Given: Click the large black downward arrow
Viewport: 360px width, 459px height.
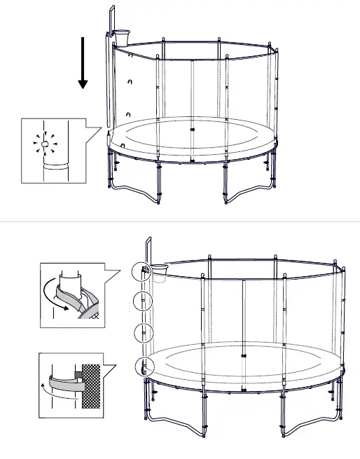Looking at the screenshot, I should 83,64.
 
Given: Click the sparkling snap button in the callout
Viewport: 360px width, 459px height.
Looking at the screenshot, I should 44,146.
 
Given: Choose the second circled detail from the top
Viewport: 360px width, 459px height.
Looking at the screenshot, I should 142,303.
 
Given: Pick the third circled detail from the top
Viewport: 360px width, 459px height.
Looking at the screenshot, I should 142,332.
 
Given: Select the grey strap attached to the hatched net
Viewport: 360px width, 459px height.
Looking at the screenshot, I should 64,384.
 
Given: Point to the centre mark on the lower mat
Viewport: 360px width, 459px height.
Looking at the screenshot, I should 243,356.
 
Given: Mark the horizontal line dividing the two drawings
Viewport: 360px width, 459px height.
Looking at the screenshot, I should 180,221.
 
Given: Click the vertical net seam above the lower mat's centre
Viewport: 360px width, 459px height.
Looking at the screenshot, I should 242,315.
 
